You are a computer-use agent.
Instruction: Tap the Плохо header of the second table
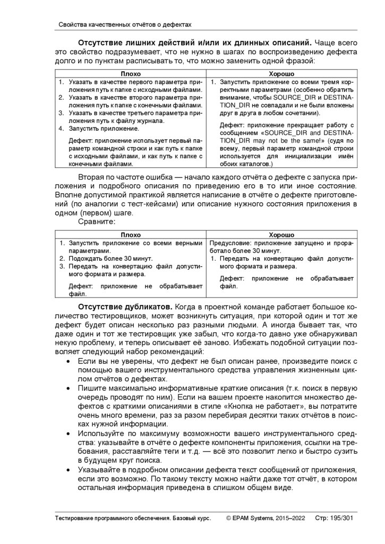[131, 234]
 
